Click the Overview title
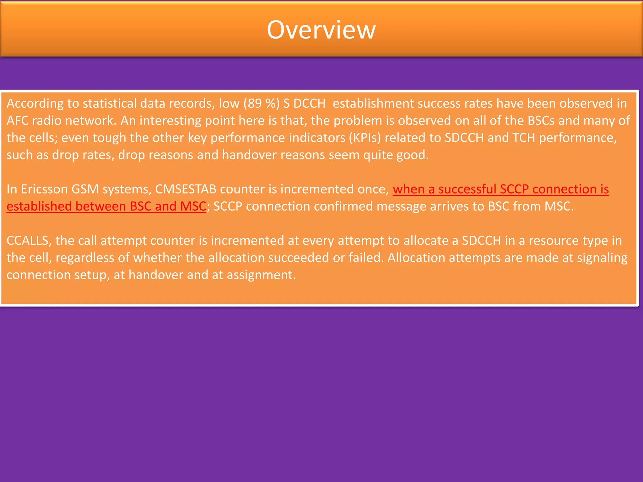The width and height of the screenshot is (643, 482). (321, 30)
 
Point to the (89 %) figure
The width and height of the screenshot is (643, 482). (261, 104)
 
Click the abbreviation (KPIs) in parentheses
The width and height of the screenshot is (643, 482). (365, 138)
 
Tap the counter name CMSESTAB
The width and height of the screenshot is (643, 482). (186, 189)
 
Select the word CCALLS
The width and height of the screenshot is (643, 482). (28, 241)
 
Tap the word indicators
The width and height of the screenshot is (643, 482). (312, 138)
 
